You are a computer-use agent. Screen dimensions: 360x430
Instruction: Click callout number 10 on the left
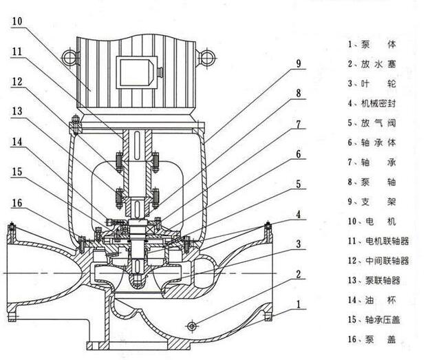[17, 21]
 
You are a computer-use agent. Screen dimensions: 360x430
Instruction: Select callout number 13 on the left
[17, 111]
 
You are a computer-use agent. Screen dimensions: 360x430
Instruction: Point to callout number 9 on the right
[299, 63]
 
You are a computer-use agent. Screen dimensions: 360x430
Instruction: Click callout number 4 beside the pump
[299, 214]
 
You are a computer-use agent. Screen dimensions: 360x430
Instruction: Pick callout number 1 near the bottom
[299, 304]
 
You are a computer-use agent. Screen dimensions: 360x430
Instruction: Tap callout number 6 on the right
[299, 154]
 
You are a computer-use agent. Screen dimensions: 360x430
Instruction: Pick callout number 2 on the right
[299, 274]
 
